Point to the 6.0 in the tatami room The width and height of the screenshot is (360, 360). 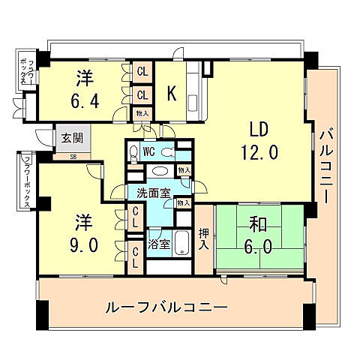click(x=259, y=247)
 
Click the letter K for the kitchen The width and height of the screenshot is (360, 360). click(x=172, y=94)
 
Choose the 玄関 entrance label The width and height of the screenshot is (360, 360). click(x=73, y=139)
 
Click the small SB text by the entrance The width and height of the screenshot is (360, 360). click(x=73, y=156)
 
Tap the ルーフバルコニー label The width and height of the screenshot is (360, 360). click(x=166, y=307)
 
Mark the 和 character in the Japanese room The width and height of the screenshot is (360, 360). click(x=259, y=224)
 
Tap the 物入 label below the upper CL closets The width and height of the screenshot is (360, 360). click(x=142, y=113)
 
